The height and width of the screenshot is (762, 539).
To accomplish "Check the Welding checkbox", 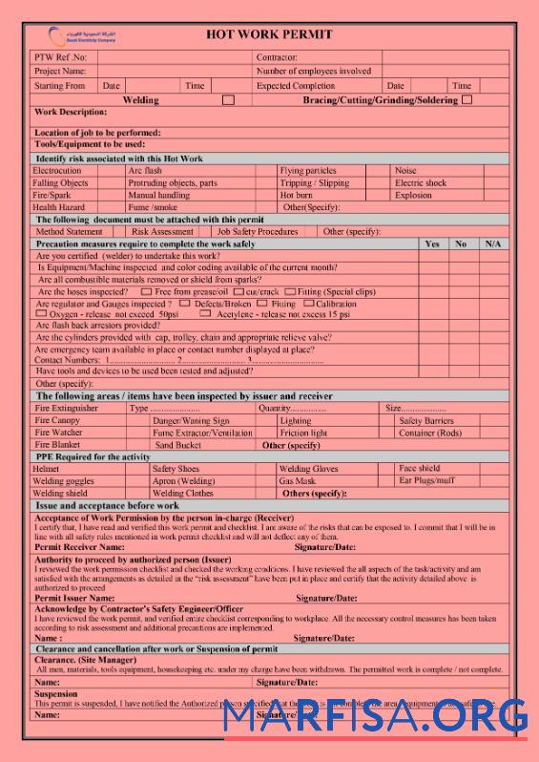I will (x=228, y=99).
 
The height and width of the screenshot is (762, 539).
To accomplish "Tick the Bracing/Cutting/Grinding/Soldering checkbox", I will (x=466, y=99).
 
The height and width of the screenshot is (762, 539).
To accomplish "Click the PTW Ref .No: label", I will (x=60, y=57).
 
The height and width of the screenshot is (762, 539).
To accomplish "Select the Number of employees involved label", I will (x=314, y=71).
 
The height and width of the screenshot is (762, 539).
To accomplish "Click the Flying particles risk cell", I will (x=308, y=171).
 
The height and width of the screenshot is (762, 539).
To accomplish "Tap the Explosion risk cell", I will (x=413, y=195).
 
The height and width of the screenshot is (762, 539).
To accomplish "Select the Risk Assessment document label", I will (x=162, y=231).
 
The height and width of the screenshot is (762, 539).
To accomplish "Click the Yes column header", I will (x=432, y=243).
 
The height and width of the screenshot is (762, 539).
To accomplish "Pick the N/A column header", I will (x=492, y=243).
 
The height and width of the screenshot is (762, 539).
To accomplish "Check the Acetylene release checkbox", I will (x=205, y=313).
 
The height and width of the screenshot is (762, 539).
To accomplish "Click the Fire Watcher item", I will (x=58, y=433).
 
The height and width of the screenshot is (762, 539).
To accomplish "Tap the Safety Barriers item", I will (x=426, y=420).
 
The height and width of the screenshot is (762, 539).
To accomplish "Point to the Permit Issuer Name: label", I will (x=74, y=598).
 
